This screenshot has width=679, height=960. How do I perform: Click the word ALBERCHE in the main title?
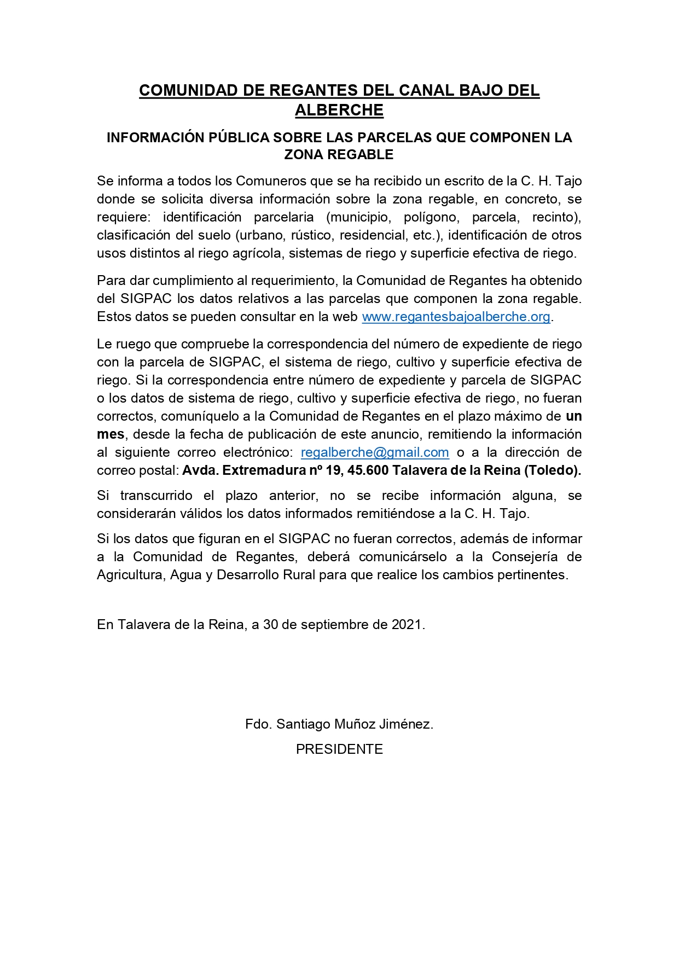pos(339,110)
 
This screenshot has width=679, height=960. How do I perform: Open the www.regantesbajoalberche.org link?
pos(456,317)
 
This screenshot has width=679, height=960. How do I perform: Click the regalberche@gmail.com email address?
pos(375,452)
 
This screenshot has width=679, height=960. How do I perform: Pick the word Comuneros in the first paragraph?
pos(271,181)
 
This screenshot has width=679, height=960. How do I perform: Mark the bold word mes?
pos(110,434)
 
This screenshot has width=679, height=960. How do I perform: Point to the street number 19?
pos(333,470)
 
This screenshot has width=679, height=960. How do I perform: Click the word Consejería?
pos(525,557)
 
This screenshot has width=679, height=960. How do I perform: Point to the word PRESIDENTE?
pos(339,749)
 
